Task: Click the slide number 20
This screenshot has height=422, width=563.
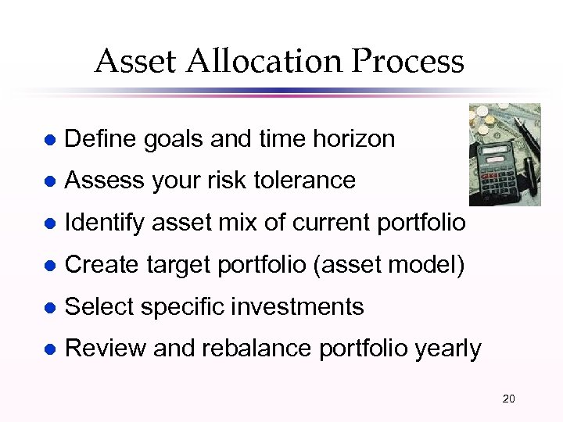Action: (x=508, y=399)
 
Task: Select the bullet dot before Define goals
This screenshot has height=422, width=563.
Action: (x=50, y=140)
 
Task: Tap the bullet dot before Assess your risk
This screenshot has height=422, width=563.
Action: (x=50, y=181)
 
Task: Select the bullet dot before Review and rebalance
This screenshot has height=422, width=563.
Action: (x=50, y=349)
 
